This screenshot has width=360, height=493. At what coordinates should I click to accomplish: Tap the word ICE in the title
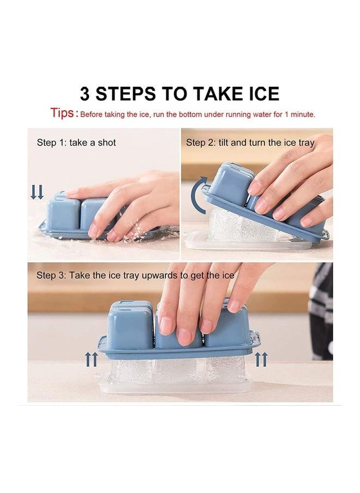[258, 94]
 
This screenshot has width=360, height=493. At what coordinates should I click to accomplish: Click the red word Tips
[62, 113]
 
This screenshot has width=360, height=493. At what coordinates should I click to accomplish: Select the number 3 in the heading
[85, 94]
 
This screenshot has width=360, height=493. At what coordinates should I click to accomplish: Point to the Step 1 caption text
[76, 143]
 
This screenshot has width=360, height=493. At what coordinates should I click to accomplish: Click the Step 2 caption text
[250, 143]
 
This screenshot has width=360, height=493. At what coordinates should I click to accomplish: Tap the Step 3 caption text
[135, 275]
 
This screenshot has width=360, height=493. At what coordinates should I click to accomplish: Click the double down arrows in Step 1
[37, 192]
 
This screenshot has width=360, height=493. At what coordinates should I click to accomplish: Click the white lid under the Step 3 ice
[175, 386]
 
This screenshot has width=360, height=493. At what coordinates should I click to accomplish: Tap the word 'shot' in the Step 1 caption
[106, 143]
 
